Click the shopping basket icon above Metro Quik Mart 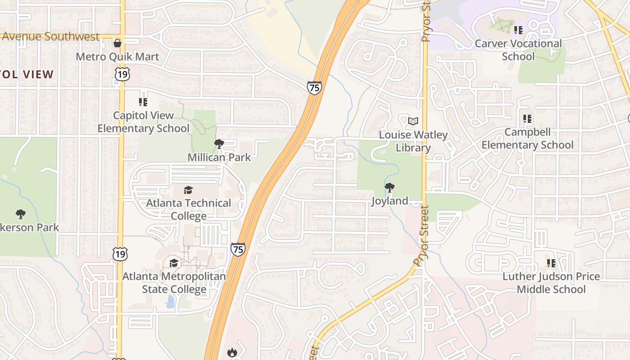click(x=117, y=43)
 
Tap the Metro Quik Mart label click(x=117, y=57)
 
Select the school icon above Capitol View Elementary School click(x=143, y=102)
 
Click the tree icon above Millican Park click(x=219, y=144)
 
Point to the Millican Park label click(x=219, y=157)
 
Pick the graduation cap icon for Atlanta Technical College click(x=189, y=190)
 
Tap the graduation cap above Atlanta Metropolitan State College click(x=174, y=263)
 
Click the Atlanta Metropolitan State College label click(x=174, y=283)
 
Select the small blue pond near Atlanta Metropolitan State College click(x=170, y=301)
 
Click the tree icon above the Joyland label click(x=390, y=188)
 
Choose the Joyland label click(x=390, y=201)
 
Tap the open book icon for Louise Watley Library click(x=413, y=121)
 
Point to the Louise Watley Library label click(x=413, y=141)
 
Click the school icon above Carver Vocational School click(x=518, y=30)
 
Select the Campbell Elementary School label click(x=527, y=139)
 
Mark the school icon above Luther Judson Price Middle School click(x=551, y=263)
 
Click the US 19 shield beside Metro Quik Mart click(x=122, y=74)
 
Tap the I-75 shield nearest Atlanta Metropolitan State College click(x=238, y=249)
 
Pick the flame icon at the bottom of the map click(x=232, y=352)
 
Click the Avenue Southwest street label click(x=50, y=36)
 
